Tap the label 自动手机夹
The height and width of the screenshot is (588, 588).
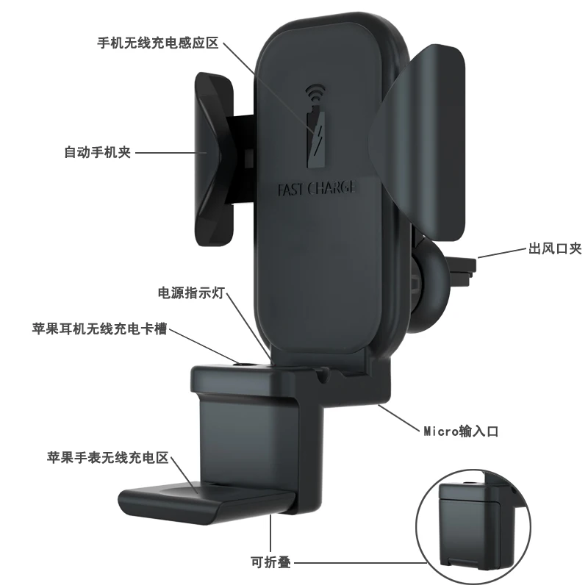(x=97, y=154)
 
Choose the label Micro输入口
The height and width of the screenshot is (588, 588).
(x=461, y=431)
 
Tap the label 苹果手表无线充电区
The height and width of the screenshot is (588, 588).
(x=108, y=458)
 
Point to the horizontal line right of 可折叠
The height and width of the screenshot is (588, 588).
(x=360, y=563)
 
